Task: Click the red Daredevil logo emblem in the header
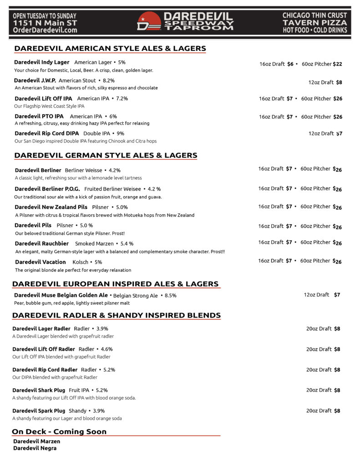(x=149, y=21)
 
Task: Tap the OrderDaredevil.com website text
(x=45, y=30)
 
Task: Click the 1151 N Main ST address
(x=45, y=23)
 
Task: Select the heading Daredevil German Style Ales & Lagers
(x=106, y=155)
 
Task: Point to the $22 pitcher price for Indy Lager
(x=337, y=64)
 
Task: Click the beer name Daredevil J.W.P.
(x=35, y=81)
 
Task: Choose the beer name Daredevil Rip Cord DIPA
(x=46, y=133)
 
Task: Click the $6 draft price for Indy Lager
(x=290, y=64)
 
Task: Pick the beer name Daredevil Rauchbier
(x=42, y=243)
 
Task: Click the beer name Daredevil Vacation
(x=41, y=262)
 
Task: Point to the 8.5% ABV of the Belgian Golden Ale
(x=171, y=295)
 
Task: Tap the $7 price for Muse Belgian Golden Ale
(x=337, y=295)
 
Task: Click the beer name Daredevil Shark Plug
(x=39, y=390)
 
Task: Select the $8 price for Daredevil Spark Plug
(x=337, y=410)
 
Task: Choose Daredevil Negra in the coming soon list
(x=35, y=448)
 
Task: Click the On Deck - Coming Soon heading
(x=59, y=431)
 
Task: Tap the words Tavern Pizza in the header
(x=314, y=23)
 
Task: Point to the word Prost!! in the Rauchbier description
(x=218, y=252)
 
